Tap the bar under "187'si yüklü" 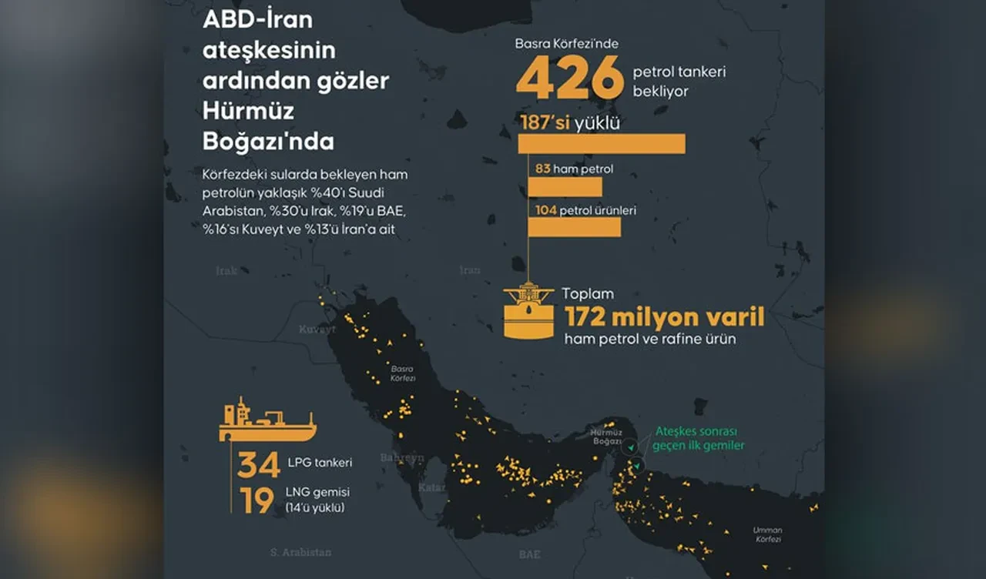601,143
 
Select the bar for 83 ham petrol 565,187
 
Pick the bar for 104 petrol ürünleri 574,227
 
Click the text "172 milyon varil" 664,317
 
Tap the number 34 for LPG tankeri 258,465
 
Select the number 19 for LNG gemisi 256,500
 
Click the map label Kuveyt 317,330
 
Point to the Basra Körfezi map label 403,373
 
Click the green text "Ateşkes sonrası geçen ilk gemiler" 698,439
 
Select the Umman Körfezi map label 767,535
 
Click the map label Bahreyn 401,457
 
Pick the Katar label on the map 431,487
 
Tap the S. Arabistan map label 300,552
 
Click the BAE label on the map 529,554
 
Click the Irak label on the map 226,271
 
